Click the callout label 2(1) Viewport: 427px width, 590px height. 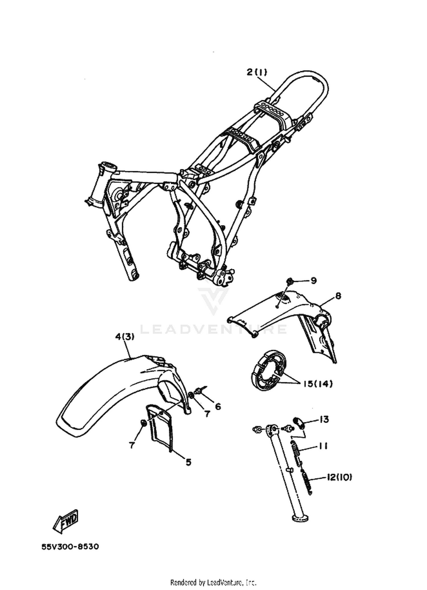pos(257,72)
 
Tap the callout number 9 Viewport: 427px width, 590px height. pos(313,281)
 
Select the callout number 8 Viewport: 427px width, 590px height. pos(338,296)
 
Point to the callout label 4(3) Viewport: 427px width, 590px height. pos(125,337)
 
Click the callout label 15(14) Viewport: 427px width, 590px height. pos(318,384)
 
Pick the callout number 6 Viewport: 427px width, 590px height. pos(218,407)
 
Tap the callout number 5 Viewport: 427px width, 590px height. pos(188,462)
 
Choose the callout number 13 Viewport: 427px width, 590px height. pos(324,419)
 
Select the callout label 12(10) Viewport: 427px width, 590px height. pos(339,477)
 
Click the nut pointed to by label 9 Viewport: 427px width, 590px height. pos(289,281)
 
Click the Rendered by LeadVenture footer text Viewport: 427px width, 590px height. pos(213,581)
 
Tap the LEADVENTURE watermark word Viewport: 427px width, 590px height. pos(213,329)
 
